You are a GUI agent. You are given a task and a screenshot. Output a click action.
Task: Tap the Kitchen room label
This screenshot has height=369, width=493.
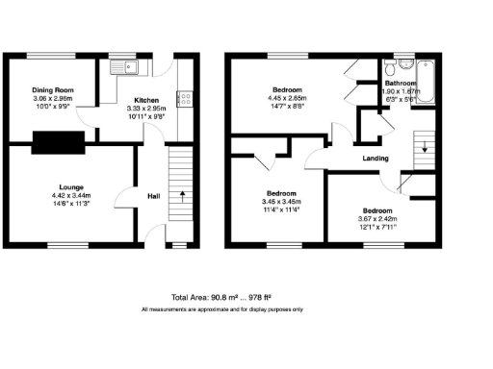coord(146,99)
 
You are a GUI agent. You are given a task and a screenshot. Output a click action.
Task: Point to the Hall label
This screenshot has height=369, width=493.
coord(152,196)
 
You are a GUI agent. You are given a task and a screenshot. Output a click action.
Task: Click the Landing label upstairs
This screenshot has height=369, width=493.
coord(375,159)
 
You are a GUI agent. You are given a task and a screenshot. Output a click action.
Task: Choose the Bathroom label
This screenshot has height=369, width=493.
coord(401,85)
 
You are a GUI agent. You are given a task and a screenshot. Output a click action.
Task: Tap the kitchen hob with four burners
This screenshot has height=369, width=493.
coord(184,98)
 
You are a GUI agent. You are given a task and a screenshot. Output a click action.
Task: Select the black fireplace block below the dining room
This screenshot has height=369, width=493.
coord(59,143)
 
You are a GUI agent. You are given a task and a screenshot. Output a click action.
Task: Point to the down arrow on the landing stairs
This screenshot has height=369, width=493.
coord(422,145)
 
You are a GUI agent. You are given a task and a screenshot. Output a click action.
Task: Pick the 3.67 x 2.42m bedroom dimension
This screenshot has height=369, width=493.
coord(376,218)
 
